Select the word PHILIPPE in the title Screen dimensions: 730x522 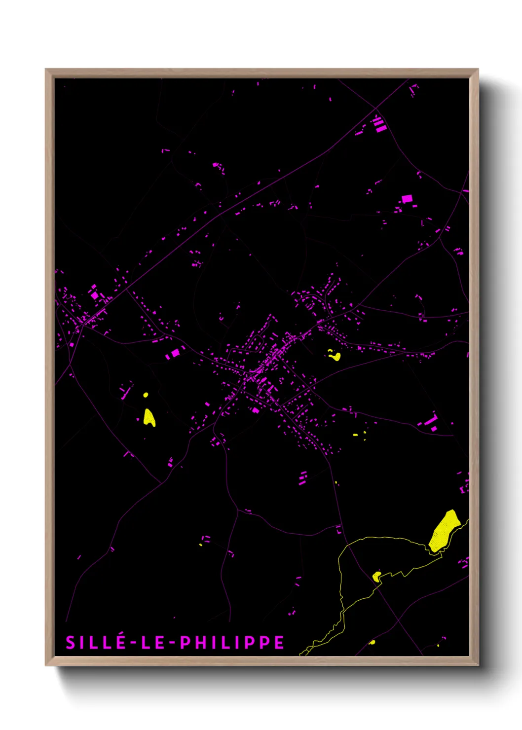[232, 642]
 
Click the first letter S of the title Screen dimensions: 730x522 [71, 642]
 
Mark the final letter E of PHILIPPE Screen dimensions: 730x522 [280, 642]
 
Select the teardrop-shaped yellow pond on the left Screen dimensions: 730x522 [149, 418]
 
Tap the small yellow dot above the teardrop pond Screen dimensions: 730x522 [146, 395]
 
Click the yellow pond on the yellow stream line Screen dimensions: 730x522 [376, 576]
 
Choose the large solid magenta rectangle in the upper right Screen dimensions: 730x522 [407, 199]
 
